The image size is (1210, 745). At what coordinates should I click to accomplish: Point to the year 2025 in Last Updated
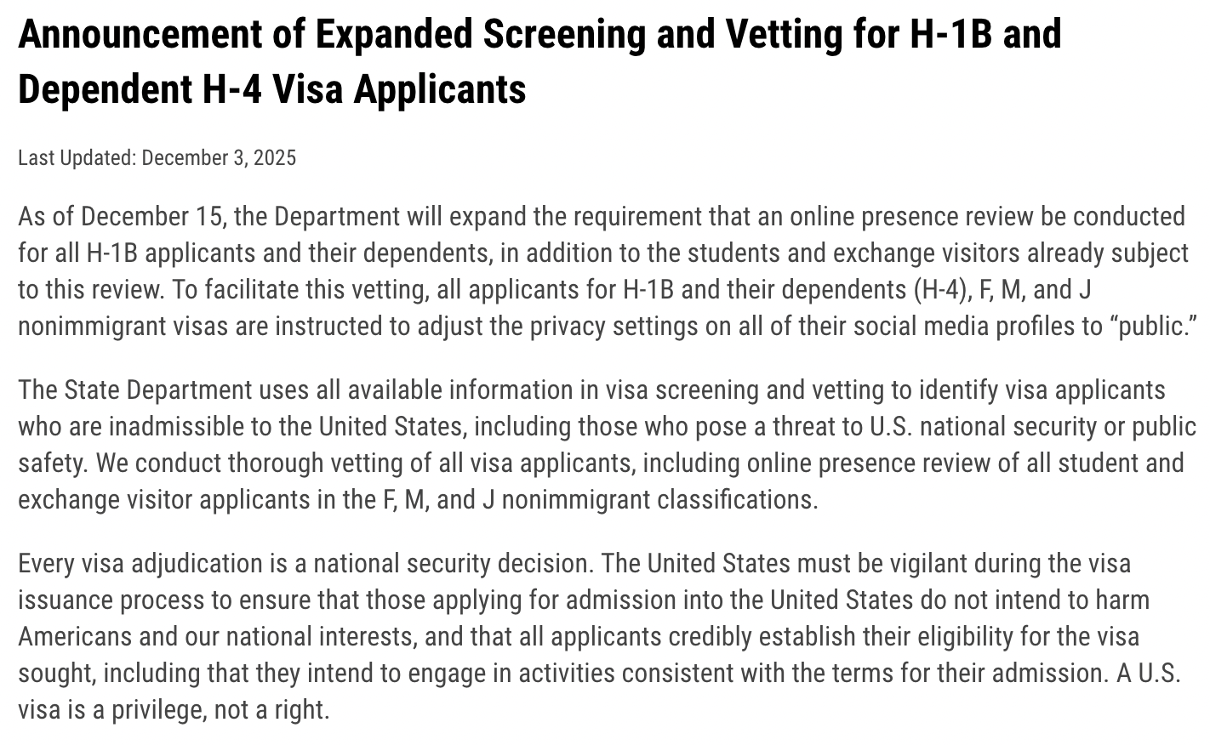pos(275,158)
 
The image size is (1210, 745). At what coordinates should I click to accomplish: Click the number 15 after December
pos(208,217)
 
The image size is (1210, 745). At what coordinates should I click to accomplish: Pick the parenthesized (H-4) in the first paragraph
pos(940,290)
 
